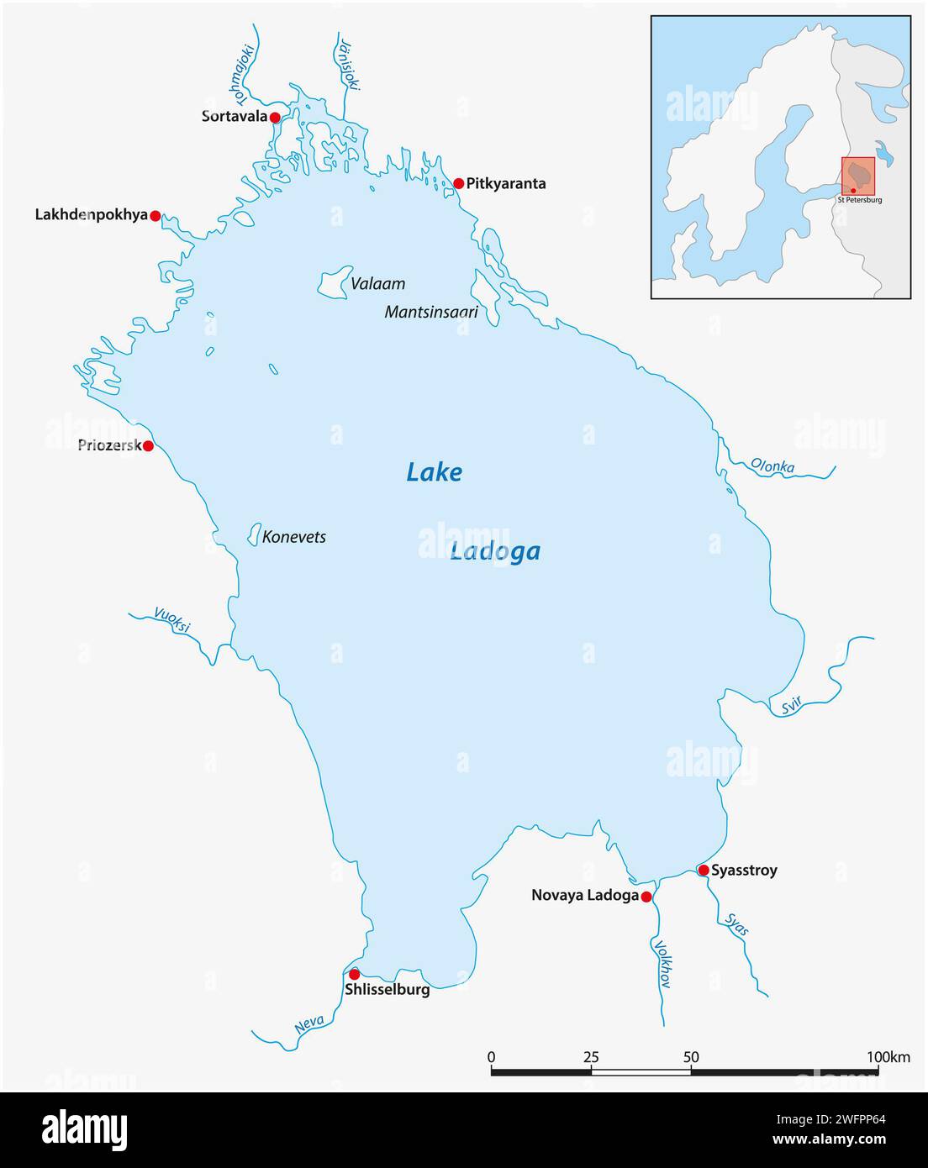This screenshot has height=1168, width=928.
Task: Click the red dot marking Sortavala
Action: pos(275,118)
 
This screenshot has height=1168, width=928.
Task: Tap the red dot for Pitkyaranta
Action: pos(459,183)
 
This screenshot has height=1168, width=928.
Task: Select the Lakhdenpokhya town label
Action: pos(91,215)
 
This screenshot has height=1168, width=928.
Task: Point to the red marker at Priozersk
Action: pos(148,445)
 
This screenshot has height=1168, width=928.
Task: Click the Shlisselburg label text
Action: pos(387,990)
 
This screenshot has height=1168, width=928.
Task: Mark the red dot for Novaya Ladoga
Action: pos(646,897)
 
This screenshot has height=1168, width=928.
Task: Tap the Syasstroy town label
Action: pos(744,871)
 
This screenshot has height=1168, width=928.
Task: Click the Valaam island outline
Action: pos(335,281)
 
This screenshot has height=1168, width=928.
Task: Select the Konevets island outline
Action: pos(253,534)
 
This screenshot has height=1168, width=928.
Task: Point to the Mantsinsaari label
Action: pos(431,312)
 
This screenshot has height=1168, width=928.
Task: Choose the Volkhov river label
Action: pos(662,963)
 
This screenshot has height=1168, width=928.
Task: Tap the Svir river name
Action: pos(791,708)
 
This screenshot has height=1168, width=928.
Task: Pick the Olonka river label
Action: pos(772,466)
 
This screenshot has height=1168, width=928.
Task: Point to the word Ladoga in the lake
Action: pos(494,552)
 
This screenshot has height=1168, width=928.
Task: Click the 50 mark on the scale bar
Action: pos(691,1056)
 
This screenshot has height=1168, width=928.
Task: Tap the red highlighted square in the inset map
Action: pos(858,176)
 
